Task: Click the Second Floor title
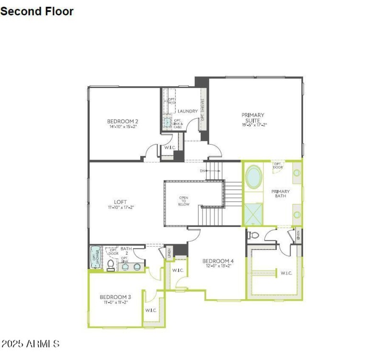pyautogui.click(x=37, y=11)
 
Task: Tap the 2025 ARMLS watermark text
pyautogui.click(x=31, y=344)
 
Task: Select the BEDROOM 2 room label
pyautogui.click(x=123, y=121)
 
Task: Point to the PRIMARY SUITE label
pyautogui.click(x=253, y=115)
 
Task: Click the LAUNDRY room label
pyautogui.click(x=188, y=112)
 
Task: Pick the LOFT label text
pyautogui.click(x=120, y=202)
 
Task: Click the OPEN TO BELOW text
pyautogui.click(x=184, y=201)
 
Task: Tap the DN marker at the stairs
pyautogui.click(x=203, y=171)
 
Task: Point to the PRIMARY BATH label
pyautogui.click(x=281, y=193)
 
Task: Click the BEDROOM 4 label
pyautogui.click(x=218, y=261)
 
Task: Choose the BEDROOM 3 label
pyautogui.click(x=115, y=297)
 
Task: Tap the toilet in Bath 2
pyautogui.click(x=111, y=265)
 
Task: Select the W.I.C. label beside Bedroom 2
pyautogui.click(x=169, y=147)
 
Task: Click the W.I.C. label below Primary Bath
pyautogui.click(x=286, y=273)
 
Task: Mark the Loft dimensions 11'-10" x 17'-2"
pyautogui.click(x=120, y=207)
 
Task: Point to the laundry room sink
pyautogui.click(x=167, y=123)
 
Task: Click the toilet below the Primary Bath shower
pyautogui.click(x=254, y=235)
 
